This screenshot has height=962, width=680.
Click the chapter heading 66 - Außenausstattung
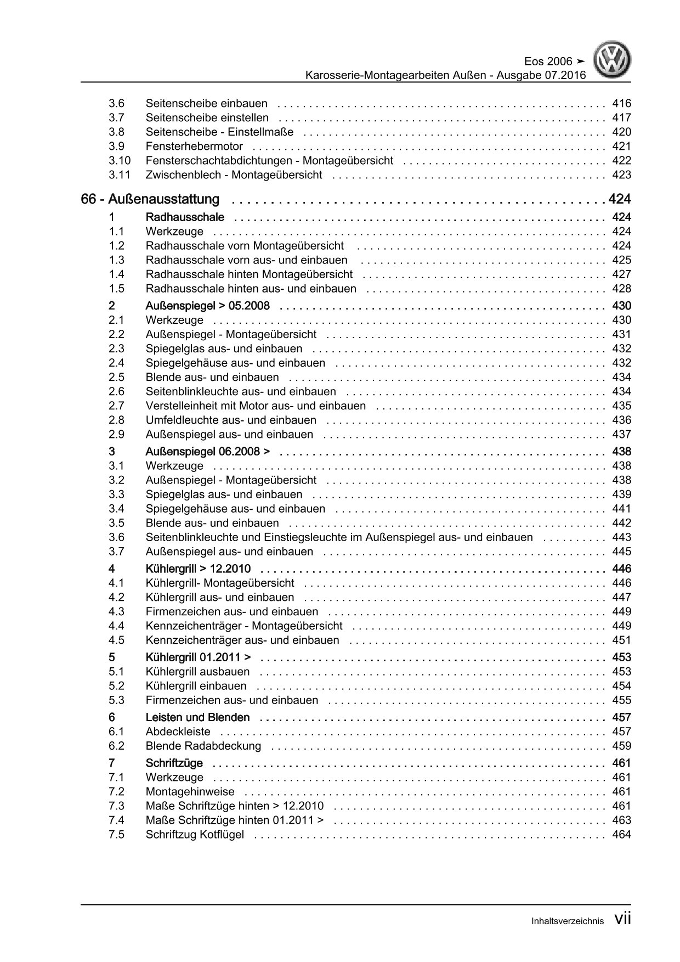[x=150, y=199]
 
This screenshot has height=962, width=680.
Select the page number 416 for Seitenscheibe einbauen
[x=621, y=103]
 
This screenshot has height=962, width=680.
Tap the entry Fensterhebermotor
[x=194, y=146]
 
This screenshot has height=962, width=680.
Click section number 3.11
[x=119, y=175]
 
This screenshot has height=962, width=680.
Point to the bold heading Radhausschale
[x=185, y=217]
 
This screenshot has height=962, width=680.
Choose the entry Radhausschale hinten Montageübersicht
[x=249, y=274]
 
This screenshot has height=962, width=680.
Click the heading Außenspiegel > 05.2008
[x=207, y=306]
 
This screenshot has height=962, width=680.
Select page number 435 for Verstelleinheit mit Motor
[x=621, y=406]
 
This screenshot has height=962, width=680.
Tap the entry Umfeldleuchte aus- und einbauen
[x=231, y=420]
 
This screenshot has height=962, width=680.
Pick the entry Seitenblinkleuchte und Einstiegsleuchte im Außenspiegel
[x=339, y=537]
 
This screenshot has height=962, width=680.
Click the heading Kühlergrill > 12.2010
[x=198, y=569]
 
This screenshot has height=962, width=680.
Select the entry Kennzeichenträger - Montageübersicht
[x=244, y=626]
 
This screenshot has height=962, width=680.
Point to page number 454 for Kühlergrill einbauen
[x=621, y=685]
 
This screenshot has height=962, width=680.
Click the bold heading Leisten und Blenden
[x=197, y=717]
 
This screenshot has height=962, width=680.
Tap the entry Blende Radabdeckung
[x=203, y=746]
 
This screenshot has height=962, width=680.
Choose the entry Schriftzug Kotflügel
[x=195, y=835]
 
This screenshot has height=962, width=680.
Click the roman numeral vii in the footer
[x=622, y=919]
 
